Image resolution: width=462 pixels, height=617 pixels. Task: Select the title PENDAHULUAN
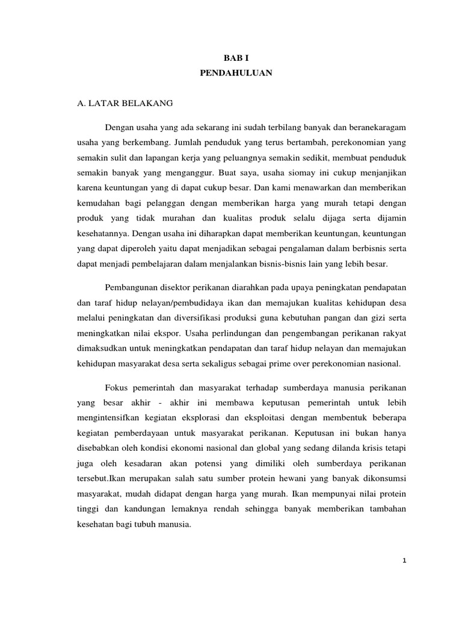[x=231, y=74]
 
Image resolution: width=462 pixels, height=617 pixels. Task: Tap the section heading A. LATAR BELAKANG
[x=125, y=103]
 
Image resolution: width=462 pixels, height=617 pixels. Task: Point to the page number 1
[x=405, y=560]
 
